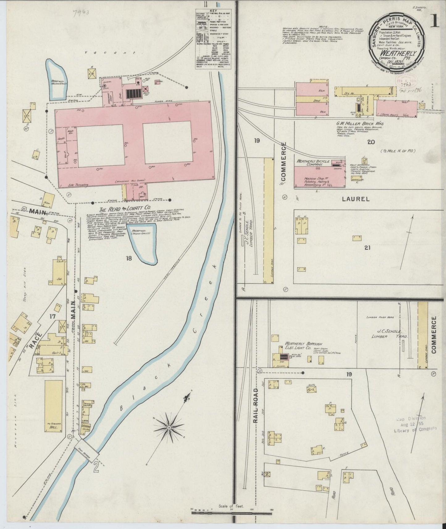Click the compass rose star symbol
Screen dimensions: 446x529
pyautogui.click(x=169, y=427)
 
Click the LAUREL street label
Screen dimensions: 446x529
pyautogui.click(x=356, y=199)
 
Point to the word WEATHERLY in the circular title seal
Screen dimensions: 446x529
pyautogui.click(x=398, y=53)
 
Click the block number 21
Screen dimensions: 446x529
pyautogui.click(x=367, y=247)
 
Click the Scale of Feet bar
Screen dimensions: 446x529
pyautogui.click(x=231, y=513)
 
